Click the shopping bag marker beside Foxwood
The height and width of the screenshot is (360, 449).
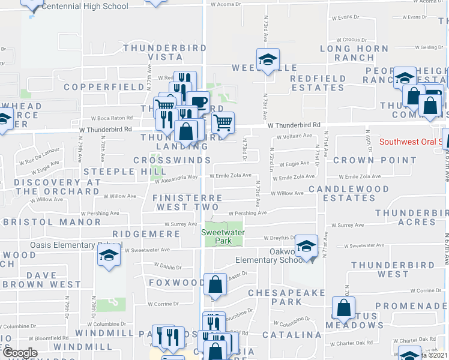[214, 284]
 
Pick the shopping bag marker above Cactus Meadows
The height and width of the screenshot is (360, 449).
[343, 308]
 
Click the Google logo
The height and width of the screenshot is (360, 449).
[19, 353]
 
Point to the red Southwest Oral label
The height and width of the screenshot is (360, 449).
[414, 142]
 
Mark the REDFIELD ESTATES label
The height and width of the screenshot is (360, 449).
[318, 83]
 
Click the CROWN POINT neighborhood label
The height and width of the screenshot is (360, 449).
[375, 160]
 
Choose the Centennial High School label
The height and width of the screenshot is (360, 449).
[86, 7]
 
